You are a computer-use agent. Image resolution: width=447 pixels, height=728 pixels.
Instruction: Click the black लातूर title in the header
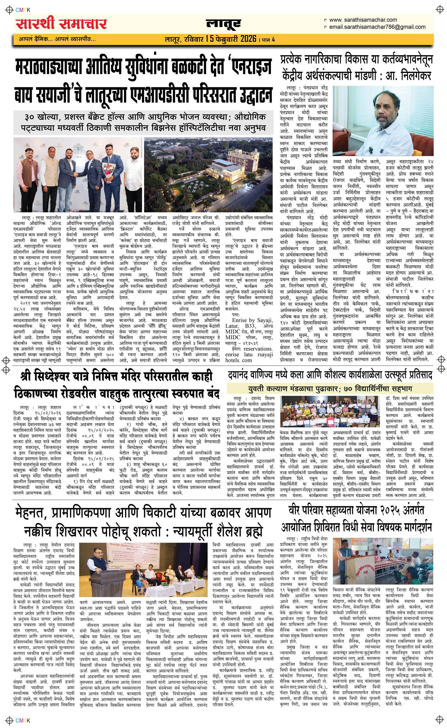coord(223,24)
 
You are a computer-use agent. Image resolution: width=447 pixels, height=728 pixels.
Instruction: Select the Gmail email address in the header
coord(377,27)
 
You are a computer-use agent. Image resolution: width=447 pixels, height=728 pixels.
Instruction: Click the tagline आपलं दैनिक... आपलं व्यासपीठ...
coord(57,39)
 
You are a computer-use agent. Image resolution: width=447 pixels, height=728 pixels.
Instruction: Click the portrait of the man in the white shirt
coord(383,121)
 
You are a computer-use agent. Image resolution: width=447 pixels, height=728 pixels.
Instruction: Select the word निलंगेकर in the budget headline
coord(416,76)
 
